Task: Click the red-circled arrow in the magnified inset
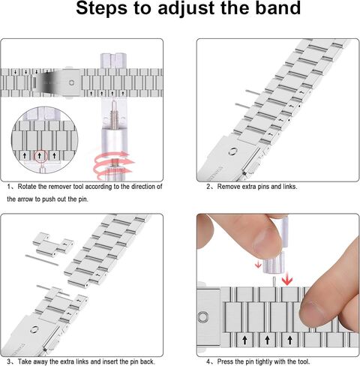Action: [39, 156]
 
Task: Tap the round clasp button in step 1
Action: [71, 82]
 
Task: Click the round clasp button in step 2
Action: [232, 151]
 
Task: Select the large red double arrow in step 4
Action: [287, 280]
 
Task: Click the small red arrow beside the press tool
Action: [259, 264]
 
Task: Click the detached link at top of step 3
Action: [53, 244]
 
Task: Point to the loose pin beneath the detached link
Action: [41, 260]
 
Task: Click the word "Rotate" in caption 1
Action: [27, 187]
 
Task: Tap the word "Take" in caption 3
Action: [25, 361]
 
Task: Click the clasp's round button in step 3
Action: [34, 330]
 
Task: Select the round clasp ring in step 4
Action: [202, 317]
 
